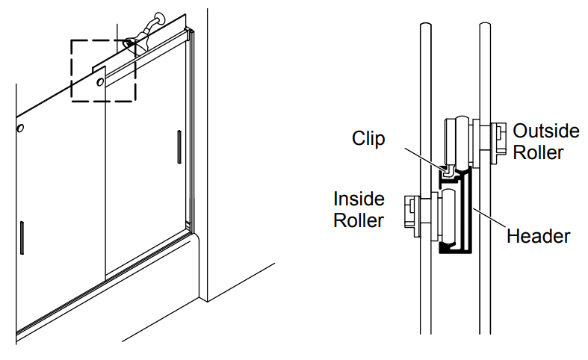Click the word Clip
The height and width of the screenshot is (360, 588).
coord(368,139)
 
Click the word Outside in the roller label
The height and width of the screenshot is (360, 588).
coord(545,131)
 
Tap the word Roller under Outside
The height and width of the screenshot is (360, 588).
coord(538,152)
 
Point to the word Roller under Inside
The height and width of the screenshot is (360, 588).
coord(359,220)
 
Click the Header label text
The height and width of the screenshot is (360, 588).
coord(538,237)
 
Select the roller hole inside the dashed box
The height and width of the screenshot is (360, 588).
coord(100,84)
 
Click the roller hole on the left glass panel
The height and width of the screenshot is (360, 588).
coord(20,128)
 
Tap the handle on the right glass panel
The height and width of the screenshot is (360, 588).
coord(179,146)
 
